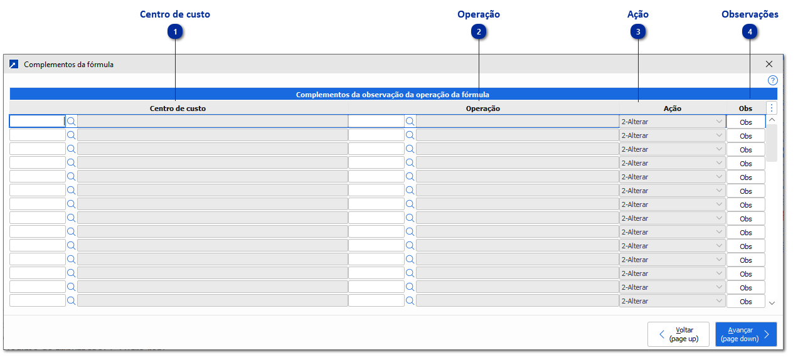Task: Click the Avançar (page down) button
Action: coord(745,334)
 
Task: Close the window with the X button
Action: coord(769,64)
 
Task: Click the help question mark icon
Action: coord(772,80)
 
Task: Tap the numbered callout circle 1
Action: coord(176,32)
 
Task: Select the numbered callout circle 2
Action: coord(479,32)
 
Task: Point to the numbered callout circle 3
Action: coord(638,32)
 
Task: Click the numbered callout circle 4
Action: coord(750,32)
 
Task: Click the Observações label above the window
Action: coord(750,14)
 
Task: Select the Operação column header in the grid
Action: coord(482,109)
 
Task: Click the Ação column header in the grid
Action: coord(672,109)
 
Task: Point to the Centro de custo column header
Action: coord(178,109)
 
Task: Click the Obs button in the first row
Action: coord(745,122)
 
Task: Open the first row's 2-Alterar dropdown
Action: coord(672,122)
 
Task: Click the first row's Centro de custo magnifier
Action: coord(72,121)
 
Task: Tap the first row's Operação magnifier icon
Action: coord(410,121)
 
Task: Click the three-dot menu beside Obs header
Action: coord(772,108)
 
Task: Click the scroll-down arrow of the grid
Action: coord(772,303)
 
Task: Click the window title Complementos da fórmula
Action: coord(68,64)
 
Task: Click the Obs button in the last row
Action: coord(745,302)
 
